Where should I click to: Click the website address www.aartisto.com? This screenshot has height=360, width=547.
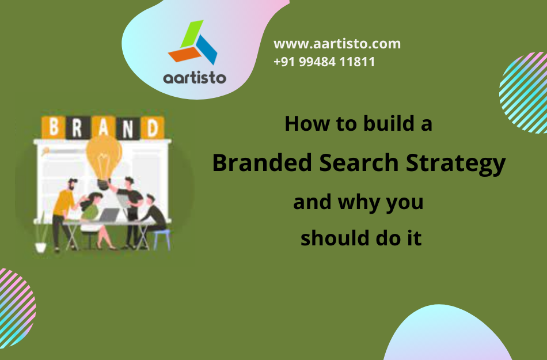tap(337, 44)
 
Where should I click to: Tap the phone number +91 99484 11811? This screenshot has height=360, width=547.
tap(324, 62)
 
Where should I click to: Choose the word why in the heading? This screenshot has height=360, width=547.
tap(359, 203)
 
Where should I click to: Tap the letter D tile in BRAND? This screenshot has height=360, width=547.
tap(151, 127)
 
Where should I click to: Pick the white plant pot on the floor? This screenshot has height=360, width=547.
tap(40, 246)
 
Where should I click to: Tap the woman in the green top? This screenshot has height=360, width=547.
tap(92, 213)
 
